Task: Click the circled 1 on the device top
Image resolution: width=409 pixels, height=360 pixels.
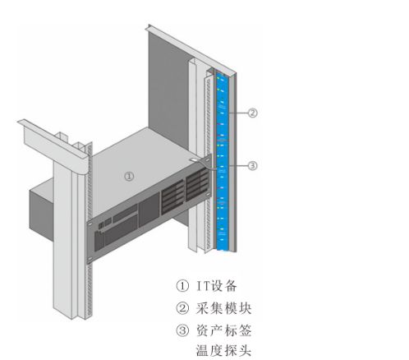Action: [129, 176]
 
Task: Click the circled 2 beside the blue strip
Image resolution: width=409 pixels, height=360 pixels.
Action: [253, 113]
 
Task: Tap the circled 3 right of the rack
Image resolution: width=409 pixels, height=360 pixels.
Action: [253, 166]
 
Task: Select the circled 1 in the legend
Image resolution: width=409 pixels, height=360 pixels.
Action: [182, 286]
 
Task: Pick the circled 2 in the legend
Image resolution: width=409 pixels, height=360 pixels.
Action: [182, 308]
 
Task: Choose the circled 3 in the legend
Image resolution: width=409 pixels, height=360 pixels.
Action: [182, 330]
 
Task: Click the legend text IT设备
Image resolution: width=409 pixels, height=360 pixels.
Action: [217, 286]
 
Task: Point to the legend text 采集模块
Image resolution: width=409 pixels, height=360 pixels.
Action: [223, 308]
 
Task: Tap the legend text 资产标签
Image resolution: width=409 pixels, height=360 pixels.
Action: [223, 330]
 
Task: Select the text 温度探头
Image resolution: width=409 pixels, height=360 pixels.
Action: [223, 350]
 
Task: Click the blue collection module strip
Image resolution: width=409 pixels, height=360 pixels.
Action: [222, 162]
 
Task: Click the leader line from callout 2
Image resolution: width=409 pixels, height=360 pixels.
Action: [238, 113]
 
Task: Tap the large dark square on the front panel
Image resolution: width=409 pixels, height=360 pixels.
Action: [149, 210]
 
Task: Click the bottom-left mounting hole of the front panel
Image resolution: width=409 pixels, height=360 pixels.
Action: [90, 258]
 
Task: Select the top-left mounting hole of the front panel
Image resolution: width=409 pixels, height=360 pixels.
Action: [90, 224]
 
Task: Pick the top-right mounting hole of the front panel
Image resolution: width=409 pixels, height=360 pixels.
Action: [209, 159]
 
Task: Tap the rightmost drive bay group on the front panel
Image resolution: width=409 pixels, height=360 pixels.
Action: [197, 185]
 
